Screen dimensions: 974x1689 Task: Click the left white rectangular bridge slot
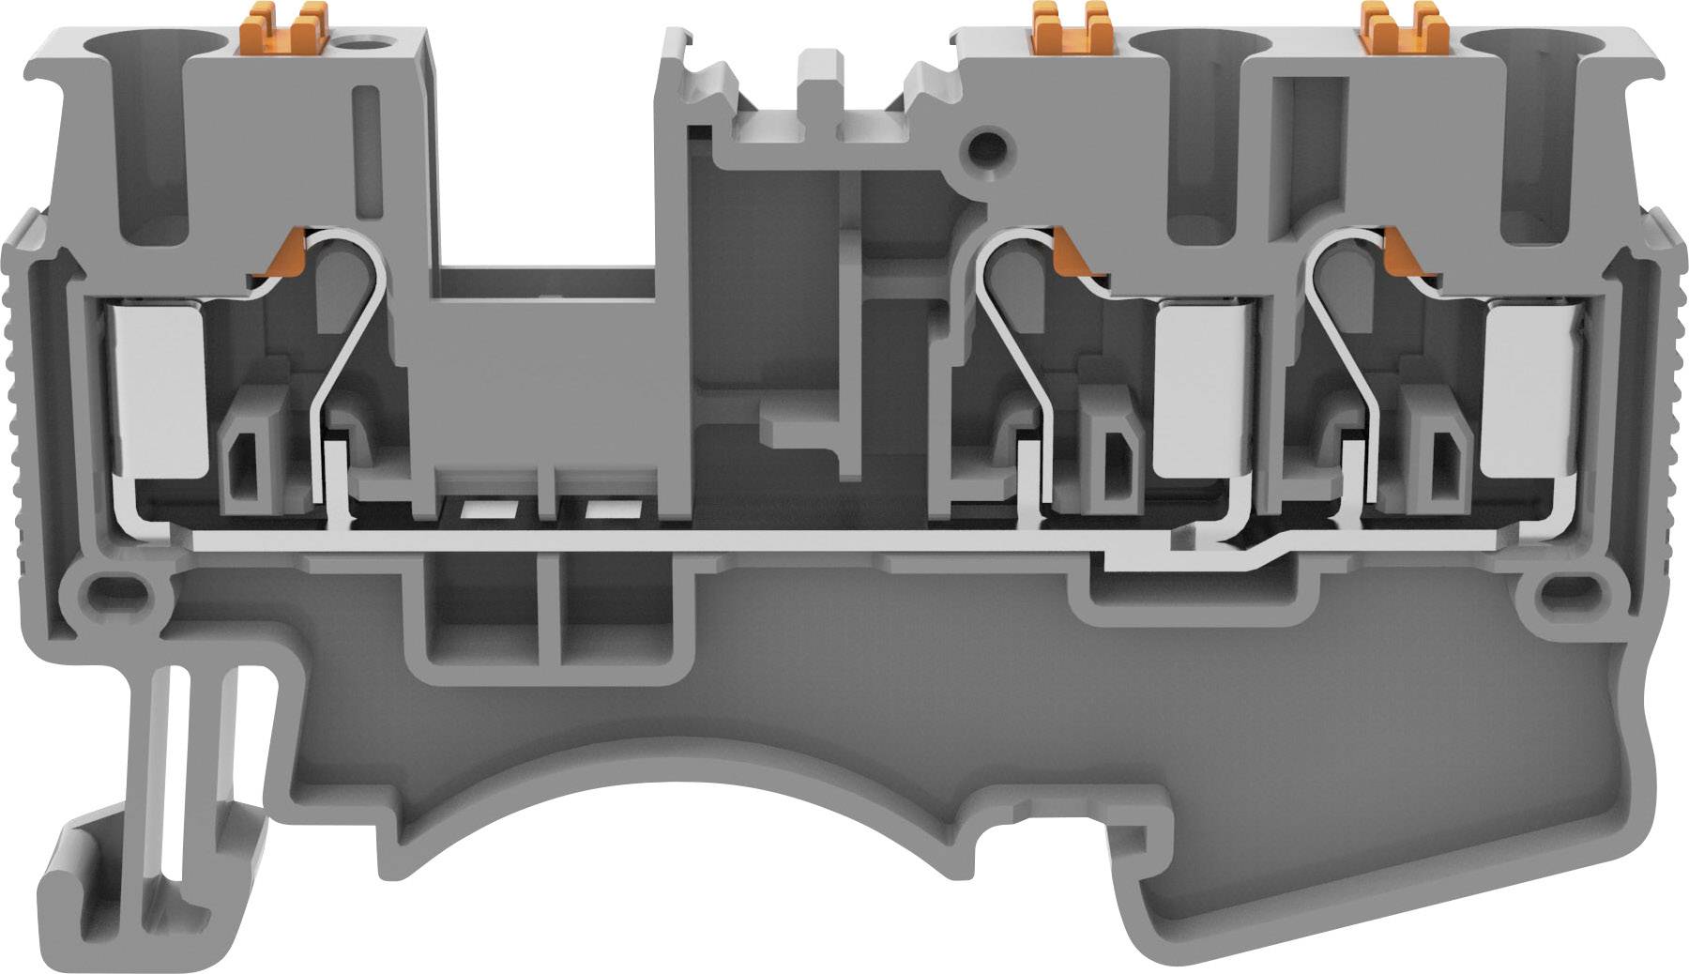tap(488, 510)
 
